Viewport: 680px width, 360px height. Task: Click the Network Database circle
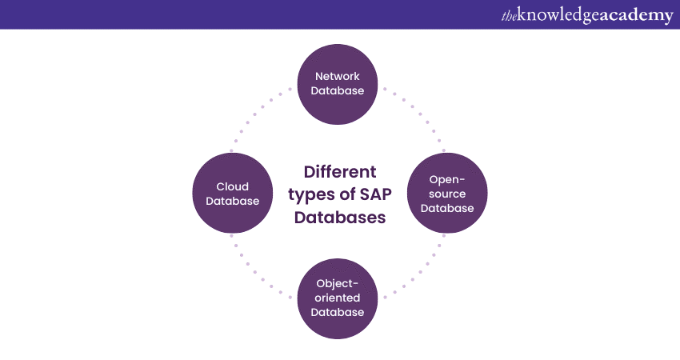338,84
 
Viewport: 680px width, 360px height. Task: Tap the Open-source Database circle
447,194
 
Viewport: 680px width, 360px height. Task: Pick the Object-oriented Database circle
338,298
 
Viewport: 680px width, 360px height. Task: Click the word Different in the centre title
340,172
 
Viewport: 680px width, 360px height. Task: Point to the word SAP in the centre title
368,194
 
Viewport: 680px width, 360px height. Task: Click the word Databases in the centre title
340,217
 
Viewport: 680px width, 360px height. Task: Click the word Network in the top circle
338,77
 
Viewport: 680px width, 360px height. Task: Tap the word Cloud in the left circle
233,186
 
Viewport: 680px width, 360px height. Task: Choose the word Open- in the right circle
447,179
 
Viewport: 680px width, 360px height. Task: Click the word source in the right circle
447,194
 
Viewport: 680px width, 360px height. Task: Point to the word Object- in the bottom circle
338,283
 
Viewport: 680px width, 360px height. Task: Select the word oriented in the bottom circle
338,298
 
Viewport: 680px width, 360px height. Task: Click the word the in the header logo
509,15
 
